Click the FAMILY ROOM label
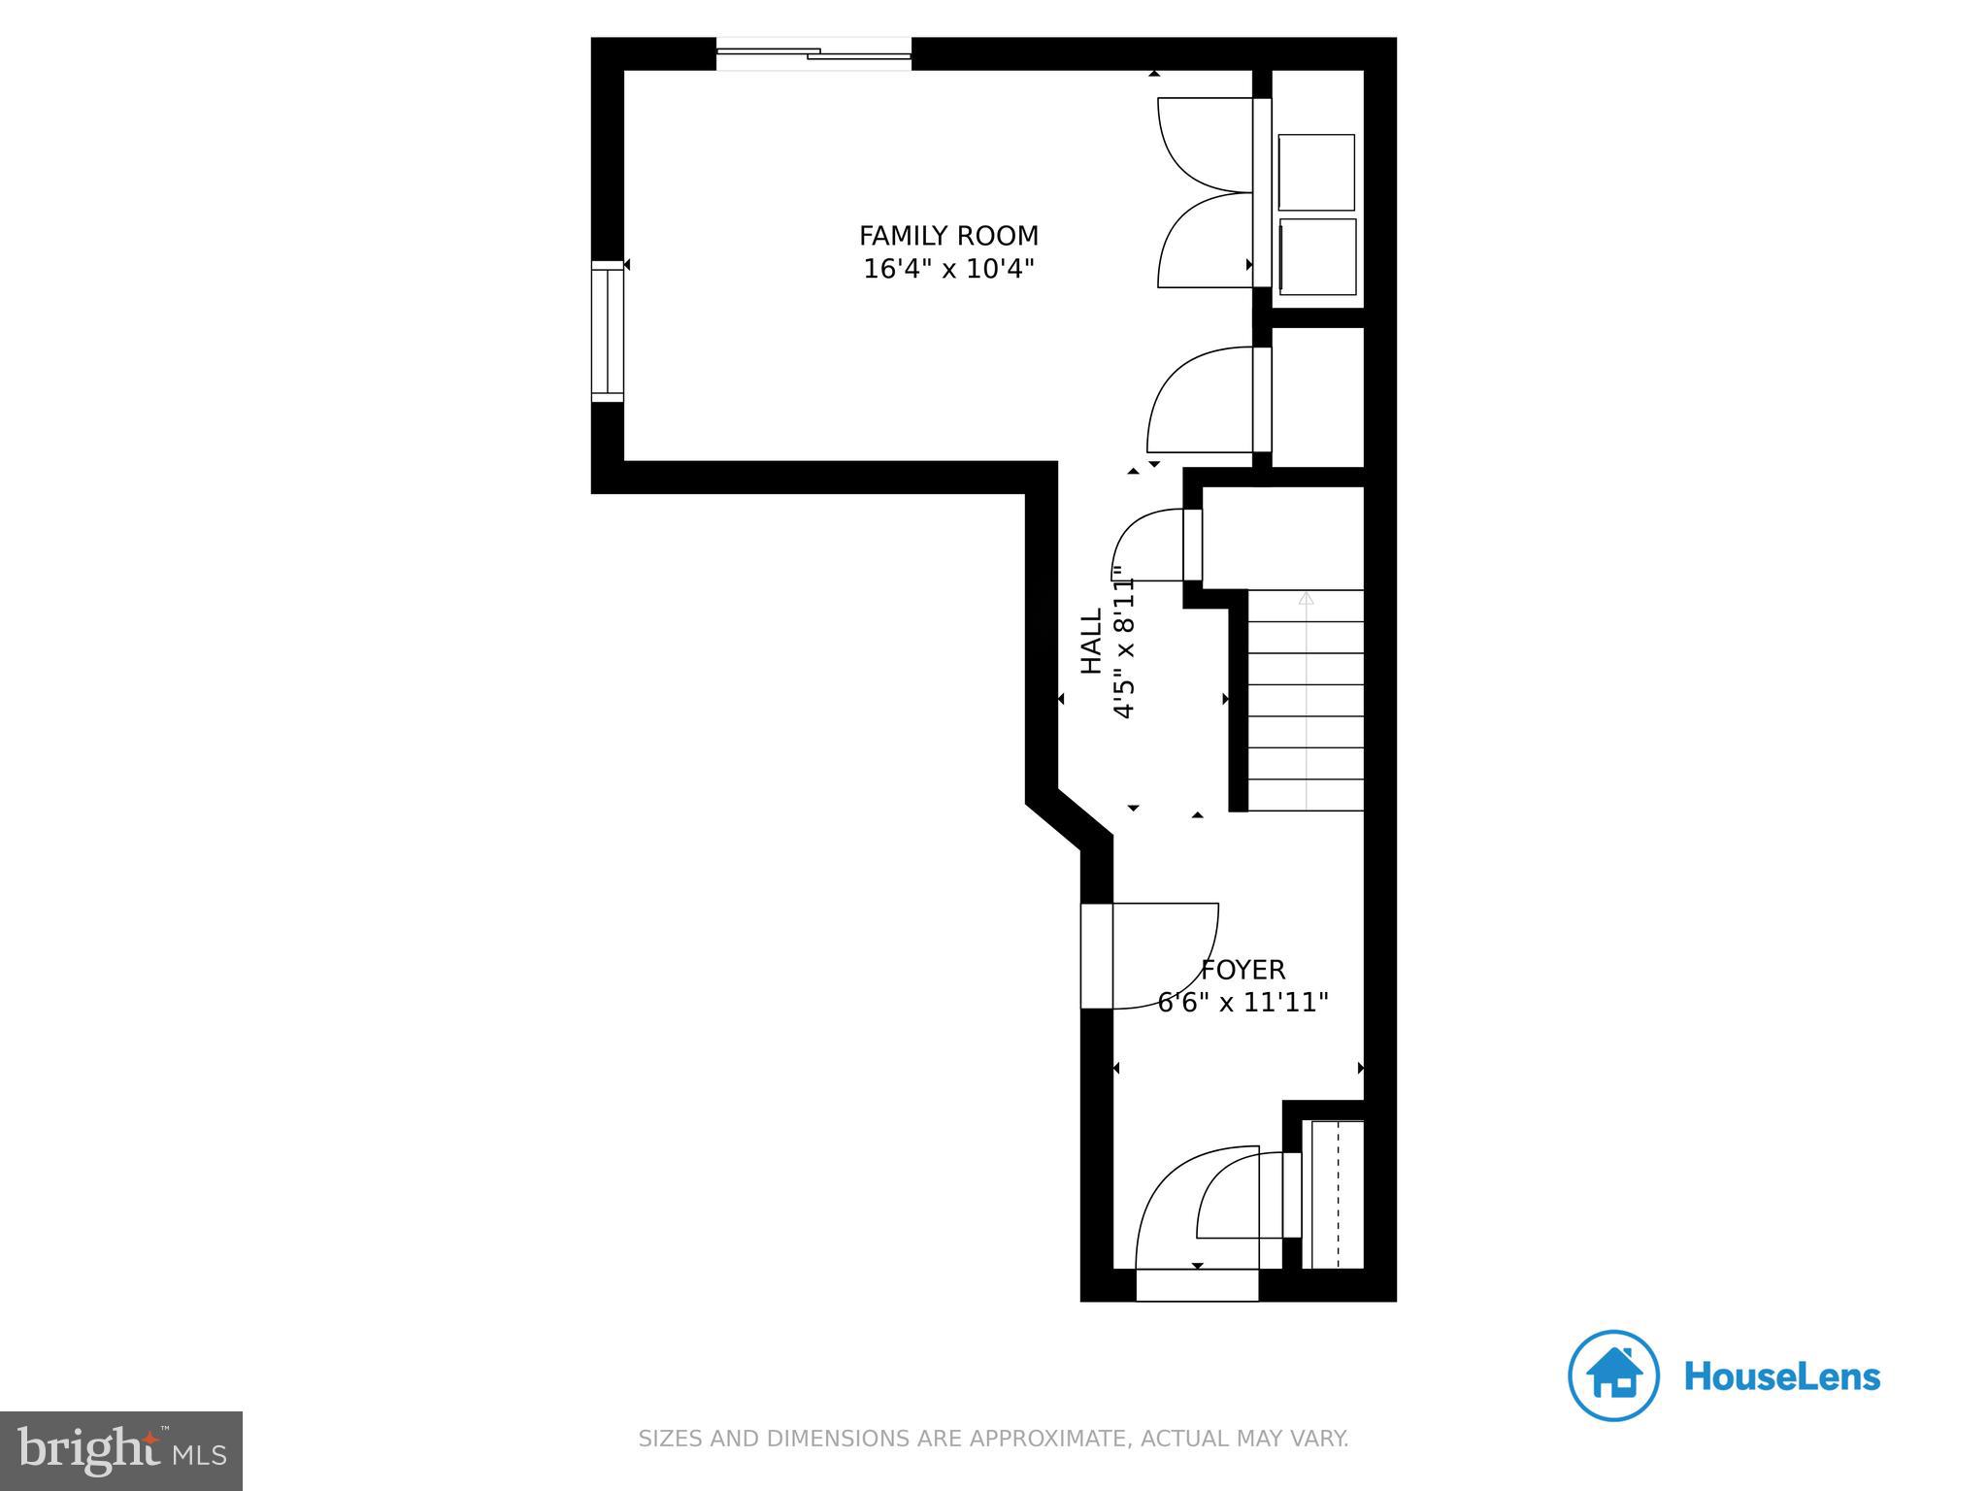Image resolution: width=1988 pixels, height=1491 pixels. pos(948,236)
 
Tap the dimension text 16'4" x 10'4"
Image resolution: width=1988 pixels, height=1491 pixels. pos(948,269)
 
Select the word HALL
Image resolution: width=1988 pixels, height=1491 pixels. pos(1092,641)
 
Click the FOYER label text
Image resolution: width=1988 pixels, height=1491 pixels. pos(1242,970)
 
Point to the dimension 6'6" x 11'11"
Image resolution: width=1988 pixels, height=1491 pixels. pos(1242,1003)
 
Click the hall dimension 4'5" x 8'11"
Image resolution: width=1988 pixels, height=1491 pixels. pos(1123,643)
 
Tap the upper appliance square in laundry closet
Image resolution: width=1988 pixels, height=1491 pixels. pos(1316,173)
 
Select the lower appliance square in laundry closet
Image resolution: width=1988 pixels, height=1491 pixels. pos(1317,256)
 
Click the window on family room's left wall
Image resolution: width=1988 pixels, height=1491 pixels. pos(608,331)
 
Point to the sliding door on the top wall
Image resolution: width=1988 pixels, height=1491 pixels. pos(813,54)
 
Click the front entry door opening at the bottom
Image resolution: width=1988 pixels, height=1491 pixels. pos(1197,1285)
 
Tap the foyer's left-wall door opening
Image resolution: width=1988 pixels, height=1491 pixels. pos(1097,956)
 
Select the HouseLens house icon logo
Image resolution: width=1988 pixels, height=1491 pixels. pos(1612,1375)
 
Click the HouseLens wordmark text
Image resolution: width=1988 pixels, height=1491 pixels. pos(1781,1376)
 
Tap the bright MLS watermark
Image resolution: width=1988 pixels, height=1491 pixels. pos(121,1450)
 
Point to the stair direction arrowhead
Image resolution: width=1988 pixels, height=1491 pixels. pos(1306,599)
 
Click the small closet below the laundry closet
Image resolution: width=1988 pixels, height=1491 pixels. pos(1317,397)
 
